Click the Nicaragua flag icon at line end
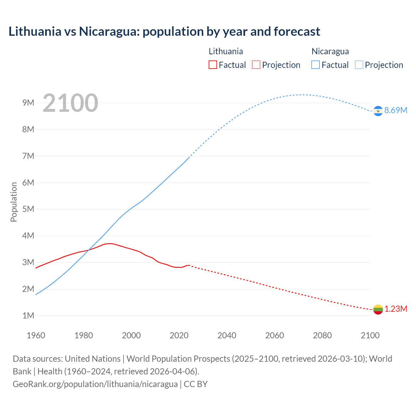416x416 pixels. [378, 111]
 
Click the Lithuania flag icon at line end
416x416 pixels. [378, 309]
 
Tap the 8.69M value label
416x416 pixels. [396, 110]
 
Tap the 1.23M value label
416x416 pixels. [396, 309]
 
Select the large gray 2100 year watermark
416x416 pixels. [70, 103]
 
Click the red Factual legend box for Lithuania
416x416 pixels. [213, 65]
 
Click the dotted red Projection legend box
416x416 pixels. [256, 65]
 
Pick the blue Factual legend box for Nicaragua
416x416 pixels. [315, 65]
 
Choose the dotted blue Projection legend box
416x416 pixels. [359, 65]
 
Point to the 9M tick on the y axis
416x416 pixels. [28, 103]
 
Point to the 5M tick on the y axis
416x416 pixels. [28, 209]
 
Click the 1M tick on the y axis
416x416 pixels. [28, 316]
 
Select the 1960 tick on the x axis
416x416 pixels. [36, 335]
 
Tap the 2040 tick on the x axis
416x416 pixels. [227, 335]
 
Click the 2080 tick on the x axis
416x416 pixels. [322, 335]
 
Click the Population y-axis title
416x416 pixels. [14, 202]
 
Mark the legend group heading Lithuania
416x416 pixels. [226, 51]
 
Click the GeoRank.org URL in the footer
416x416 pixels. [95, 384]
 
